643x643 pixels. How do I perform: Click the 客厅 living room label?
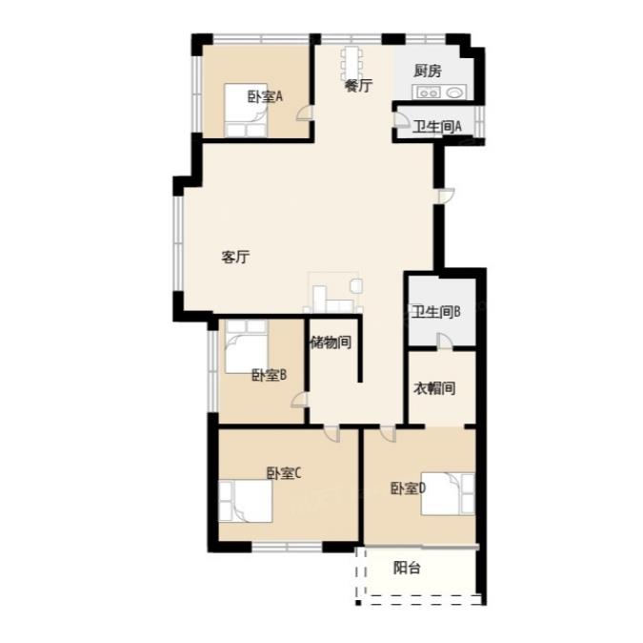point(235,257)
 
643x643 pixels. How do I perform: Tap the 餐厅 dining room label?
point(358,86)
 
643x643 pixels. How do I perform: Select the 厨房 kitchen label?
point(428,71)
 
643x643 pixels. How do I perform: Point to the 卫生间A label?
point(436,127)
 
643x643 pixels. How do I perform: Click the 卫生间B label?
point(435,312)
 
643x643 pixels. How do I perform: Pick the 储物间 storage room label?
point(331,342)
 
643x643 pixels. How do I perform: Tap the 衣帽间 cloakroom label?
point(434,387)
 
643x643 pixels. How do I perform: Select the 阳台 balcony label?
point(407,568)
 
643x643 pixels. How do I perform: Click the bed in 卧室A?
point(246,110)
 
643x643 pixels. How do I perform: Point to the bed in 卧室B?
point(247,346)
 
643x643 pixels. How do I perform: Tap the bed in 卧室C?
point(245,501)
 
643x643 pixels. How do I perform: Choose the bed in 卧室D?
point(448,493)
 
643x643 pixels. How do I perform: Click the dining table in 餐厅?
point(352,64)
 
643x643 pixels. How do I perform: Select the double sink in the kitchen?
point(428,93)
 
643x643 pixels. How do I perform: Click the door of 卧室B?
point(300,400)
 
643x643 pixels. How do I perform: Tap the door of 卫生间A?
point(401,118)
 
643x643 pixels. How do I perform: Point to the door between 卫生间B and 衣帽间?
point(445,342)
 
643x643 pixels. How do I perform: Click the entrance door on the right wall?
point(446,196)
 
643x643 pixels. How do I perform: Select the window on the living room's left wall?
point(178,243)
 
